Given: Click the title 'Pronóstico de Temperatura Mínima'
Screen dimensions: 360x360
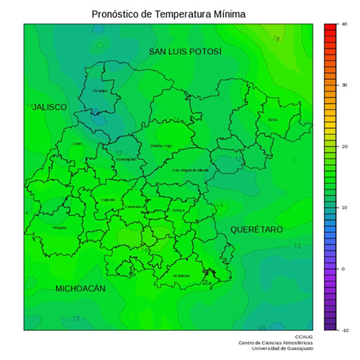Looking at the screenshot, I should (168, 14).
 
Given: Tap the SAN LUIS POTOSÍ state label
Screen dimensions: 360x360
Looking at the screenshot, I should (185, 52).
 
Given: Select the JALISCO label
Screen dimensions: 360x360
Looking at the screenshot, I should (49, 107).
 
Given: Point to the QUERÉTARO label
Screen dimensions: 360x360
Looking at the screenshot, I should (256, 229).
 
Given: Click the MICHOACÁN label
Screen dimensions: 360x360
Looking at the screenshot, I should (81, 288).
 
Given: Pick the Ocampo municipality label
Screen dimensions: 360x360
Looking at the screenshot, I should (100, 91).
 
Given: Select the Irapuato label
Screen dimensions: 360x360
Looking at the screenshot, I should (108, 199).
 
